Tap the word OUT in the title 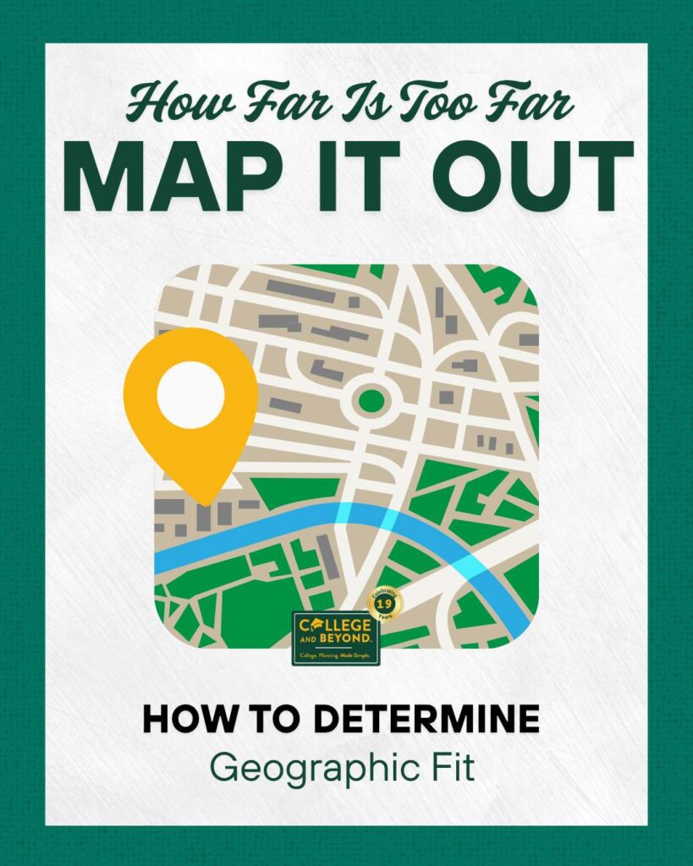point(531,178)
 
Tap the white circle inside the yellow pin point(190,394)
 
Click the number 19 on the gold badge point(384,604)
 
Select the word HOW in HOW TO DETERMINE point(179,720)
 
